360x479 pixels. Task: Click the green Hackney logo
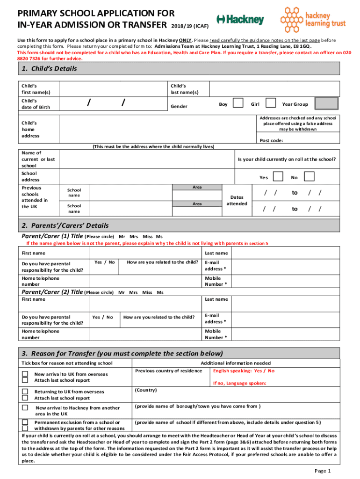coord(240,20)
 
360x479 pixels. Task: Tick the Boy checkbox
coord(238,103)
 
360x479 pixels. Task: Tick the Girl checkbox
coord(270,103)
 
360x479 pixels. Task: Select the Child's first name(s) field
coord(112,89)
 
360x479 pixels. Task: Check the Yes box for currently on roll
coord(278,177)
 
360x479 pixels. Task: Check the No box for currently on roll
coord(309,177)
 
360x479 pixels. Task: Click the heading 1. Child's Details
coord(49,69)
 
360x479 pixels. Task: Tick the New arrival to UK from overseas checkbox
coord(25,374)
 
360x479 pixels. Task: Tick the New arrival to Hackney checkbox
coord(25,407)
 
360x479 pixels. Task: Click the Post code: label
coord(271,140)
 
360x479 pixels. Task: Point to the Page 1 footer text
coord(323,471)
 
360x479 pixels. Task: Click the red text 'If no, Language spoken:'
coord(239,383)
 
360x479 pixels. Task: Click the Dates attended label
coord(237,201)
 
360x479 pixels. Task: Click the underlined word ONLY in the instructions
coord(183,40)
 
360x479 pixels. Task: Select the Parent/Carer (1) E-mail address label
coord(215,266)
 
